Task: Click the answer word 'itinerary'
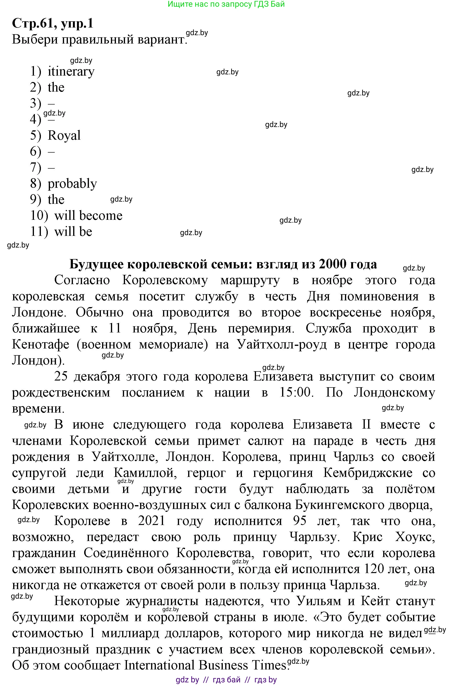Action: click(71, 72)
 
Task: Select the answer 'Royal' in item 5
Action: click(64, 136)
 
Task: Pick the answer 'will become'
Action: click(88, 215)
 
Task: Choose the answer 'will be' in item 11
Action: click(73, 232)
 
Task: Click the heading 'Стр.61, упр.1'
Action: click(53, 23)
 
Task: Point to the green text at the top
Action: click(226, 4)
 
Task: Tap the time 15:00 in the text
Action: click(296, 392)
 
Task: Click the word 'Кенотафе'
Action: click(40, 344)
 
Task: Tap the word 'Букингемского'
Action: click(337, 505)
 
